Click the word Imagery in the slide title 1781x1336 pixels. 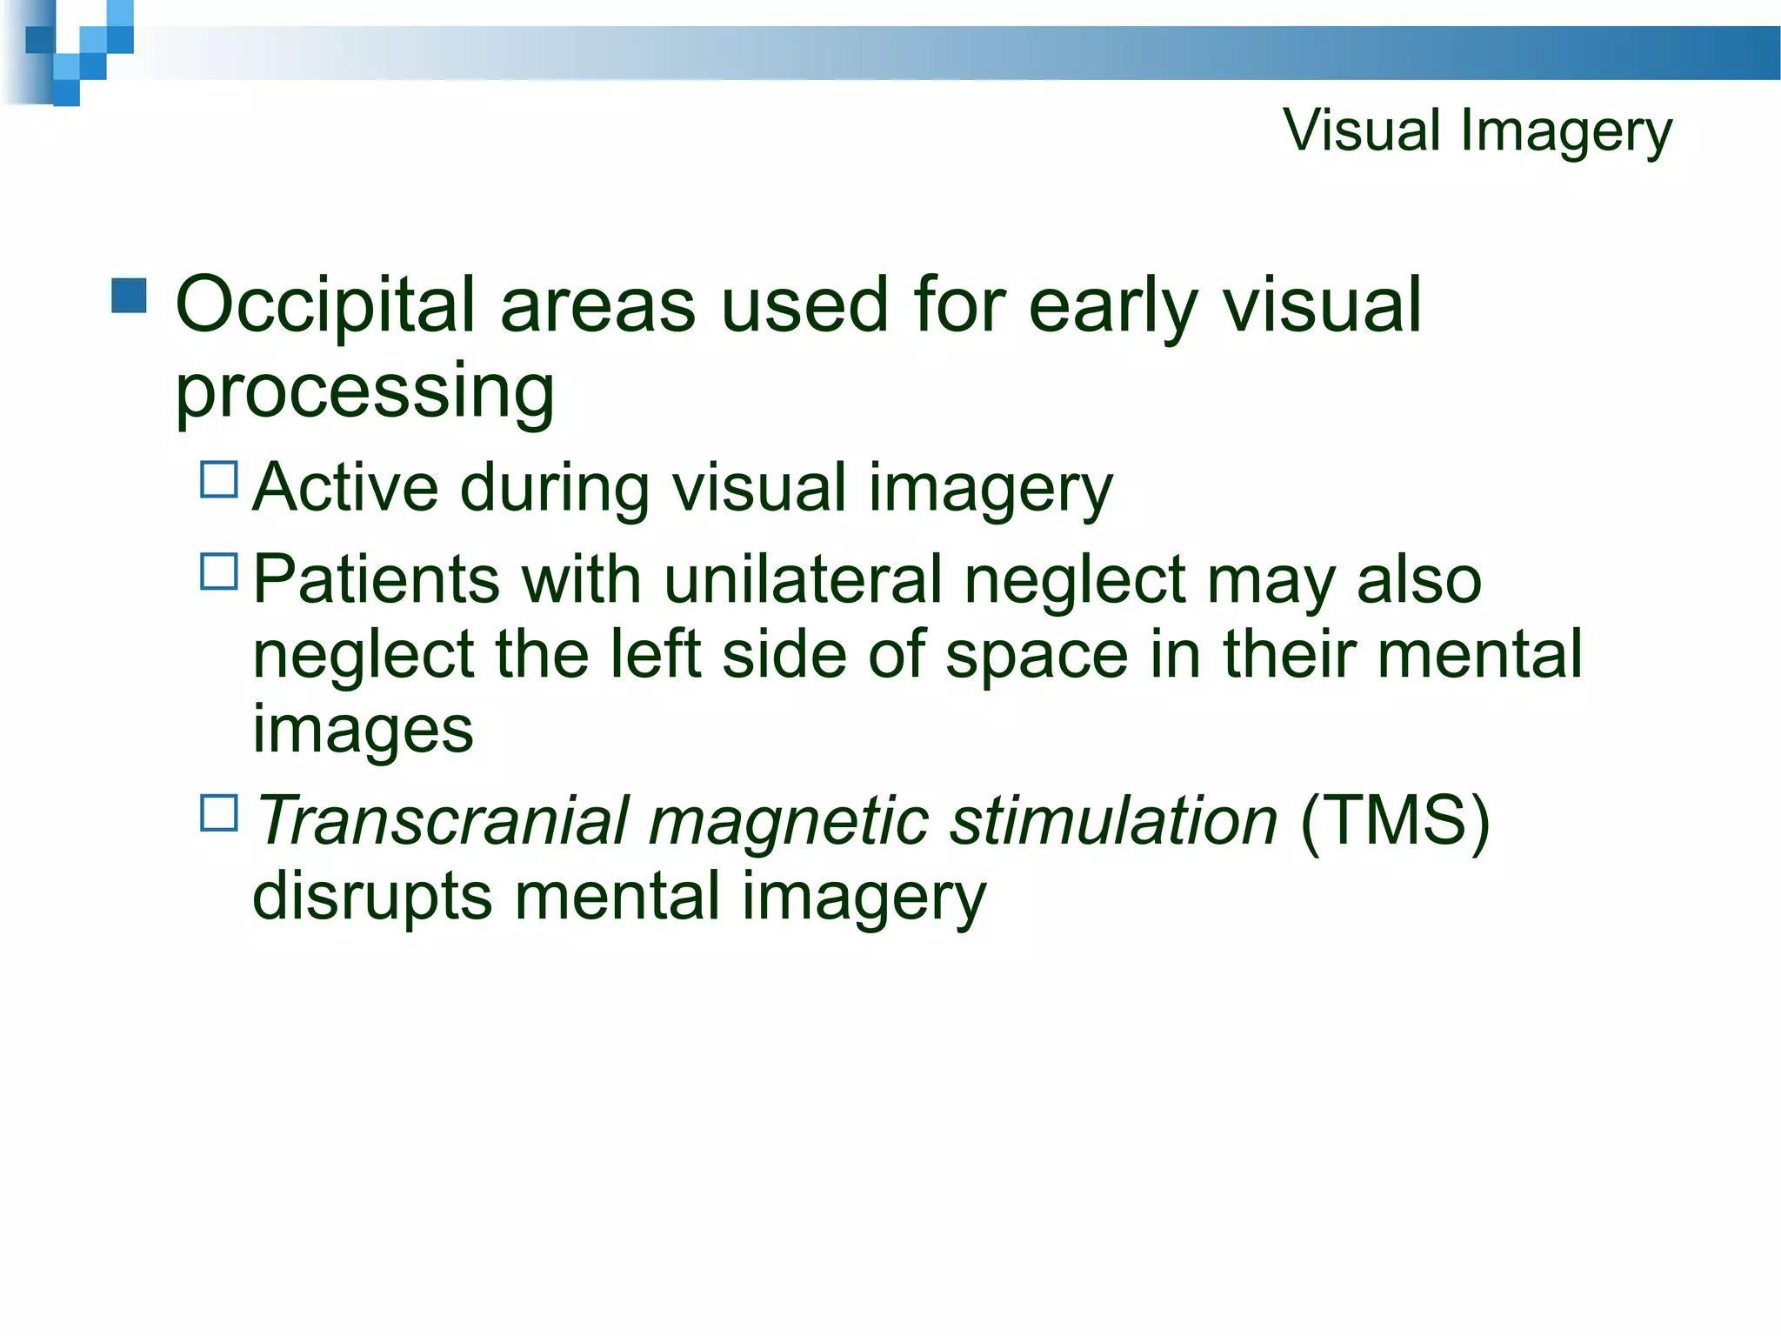pos(1566,132)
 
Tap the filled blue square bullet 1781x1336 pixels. pos(130,296)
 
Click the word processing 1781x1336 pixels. pos(364,391)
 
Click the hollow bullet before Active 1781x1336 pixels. pos(219,479)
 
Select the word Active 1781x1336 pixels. pos(345,487)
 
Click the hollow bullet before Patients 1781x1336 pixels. pos(219,571)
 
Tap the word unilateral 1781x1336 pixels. pos(802,579)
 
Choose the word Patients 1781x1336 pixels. pos(376,579)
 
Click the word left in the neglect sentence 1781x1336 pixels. pos(655,654)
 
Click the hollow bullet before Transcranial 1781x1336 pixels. pos(219,813)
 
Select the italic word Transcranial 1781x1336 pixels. pos(441,820)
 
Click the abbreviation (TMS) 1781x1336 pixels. pos(1395,820)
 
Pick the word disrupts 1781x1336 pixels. pos(371,896)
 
